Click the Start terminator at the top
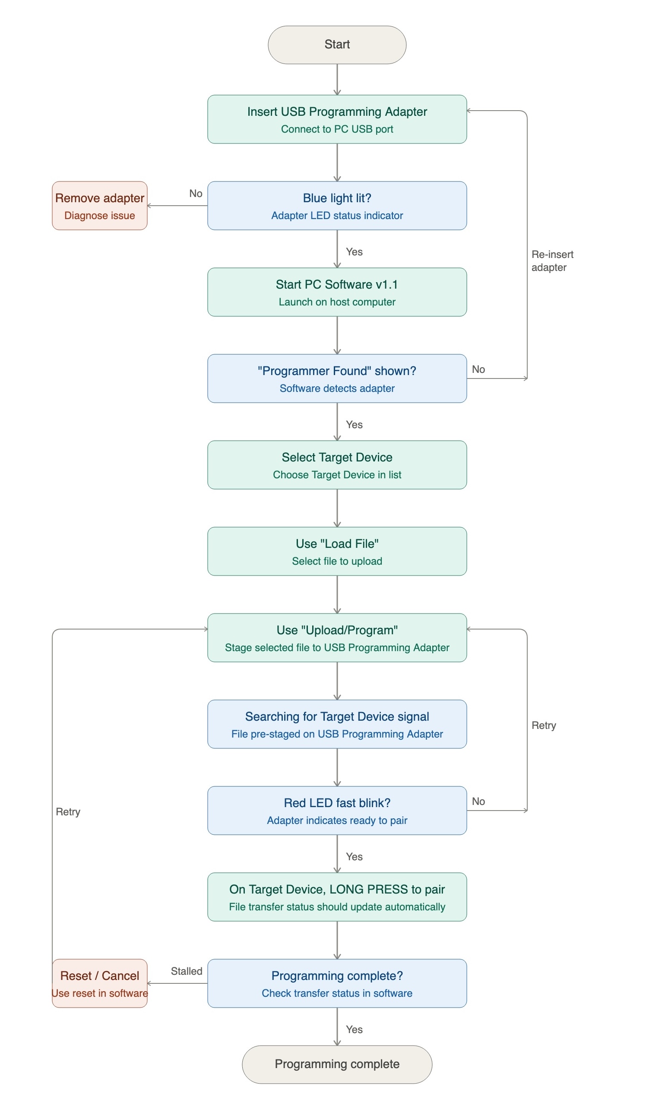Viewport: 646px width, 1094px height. (x=337, y=45)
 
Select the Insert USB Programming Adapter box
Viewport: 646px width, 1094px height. (x=337, y=119)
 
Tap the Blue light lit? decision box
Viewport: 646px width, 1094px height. (x=337, y=206)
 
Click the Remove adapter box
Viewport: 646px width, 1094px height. (x=100, y=206)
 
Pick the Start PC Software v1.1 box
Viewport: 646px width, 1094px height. (x=337, y=292)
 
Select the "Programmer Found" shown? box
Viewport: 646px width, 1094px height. (x=337, y=378)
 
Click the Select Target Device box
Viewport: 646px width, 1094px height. (x=337, y=465)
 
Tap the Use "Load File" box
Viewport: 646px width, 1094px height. (x=337, y=551)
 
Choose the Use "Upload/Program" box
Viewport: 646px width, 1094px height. (x=337, y=638)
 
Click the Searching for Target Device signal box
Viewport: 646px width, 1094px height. (x=337, y=724)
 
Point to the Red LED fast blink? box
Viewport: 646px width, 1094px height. (x=337, y=811)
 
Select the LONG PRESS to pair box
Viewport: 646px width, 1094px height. (x=337, y=897)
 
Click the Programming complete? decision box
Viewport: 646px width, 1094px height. (x=337, y=983)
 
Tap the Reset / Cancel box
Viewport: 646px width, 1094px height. (x=100, y=983)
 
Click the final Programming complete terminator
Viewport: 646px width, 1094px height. (x=337, y=1065)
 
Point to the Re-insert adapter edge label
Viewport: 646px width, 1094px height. (x=552, y=261)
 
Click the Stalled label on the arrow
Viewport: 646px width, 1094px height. (x=186, y=971)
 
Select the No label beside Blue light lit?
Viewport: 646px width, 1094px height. (x=196, y=194)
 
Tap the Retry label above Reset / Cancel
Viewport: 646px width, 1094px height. (x=68, y=812)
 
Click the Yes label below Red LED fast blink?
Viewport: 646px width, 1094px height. (x=354, y=857)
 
